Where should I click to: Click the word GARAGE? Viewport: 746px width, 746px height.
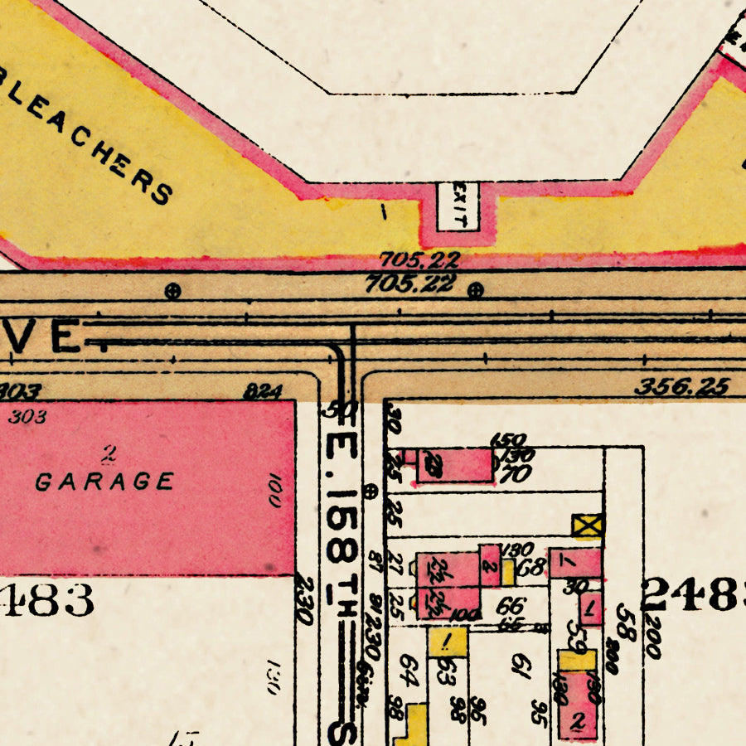(x=105, y=482)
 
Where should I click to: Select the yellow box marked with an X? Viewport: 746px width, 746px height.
(x=588, y=525)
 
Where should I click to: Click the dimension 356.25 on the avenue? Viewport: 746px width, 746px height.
(x=681, y=386)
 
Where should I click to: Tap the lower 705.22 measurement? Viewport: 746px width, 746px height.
(x=410, y=284)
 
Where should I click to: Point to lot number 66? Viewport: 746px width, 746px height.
(x=510, y=606)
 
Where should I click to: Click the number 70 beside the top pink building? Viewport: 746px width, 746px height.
(x=516, y=474)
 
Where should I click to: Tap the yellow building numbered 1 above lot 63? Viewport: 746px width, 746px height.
(x=448, y=641)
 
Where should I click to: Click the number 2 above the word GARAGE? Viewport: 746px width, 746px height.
(x=108, y=453)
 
